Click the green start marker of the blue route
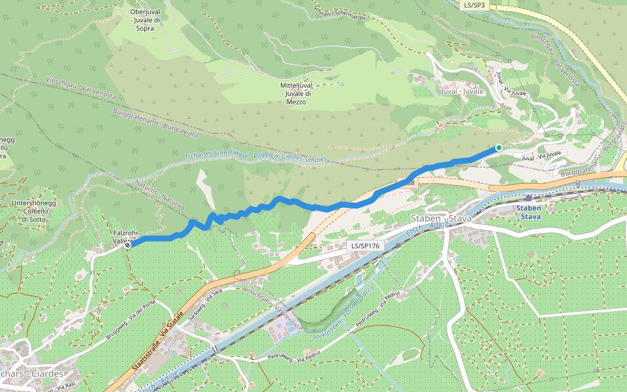coord(498,148)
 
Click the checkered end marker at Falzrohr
coord(128,245)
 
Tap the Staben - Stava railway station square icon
coord(528,197)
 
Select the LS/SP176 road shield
coord(364,246)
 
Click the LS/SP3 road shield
coord(474,5)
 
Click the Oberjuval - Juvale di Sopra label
coord(145,20)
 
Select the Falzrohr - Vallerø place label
coord(124,237)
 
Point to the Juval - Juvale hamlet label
coord(462,91)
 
